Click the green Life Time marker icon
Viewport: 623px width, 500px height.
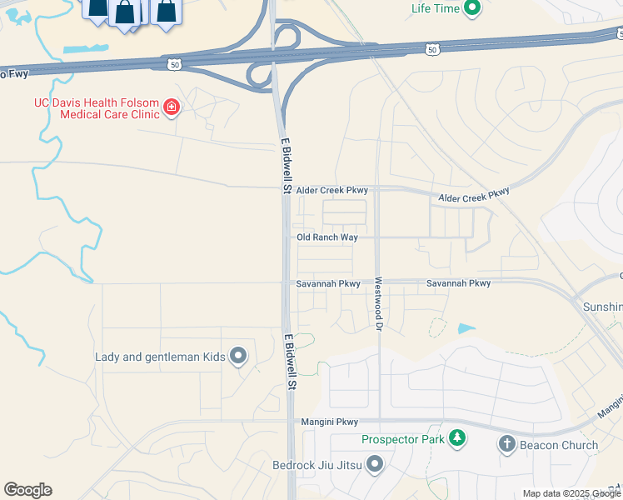point(472,10)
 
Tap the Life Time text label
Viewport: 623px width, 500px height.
point(436,10)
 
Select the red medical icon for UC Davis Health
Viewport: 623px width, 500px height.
point(172,107)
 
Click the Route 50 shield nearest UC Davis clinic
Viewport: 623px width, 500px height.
point(174,63)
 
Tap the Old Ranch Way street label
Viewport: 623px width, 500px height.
point(327,237)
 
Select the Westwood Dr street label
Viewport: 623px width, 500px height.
point(377,303)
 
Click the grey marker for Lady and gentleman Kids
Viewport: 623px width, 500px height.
point(238,357)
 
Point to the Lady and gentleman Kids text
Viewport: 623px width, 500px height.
point(160,357)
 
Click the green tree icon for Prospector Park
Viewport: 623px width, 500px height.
point(456,437)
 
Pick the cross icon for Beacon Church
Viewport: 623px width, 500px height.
point(506,444)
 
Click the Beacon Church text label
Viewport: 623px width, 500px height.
point(559,445)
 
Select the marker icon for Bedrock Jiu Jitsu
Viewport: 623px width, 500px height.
point(375,463)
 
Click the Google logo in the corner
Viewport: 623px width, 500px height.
point(27,490)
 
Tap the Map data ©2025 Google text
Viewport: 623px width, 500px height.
point(571,493)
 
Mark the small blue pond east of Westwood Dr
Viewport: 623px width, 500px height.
point(466,328)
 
